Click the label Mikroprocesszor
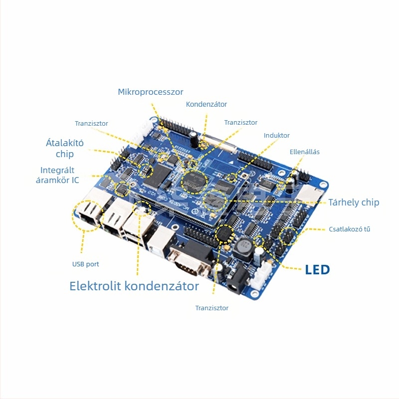pos(151,92)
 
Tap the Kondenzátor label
pos(206,104)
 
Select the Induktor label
pos(277,135)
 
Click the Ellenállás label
pos(305,152)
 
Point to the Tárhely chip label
pos(354,202)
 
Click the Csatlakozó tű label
pos(350,229)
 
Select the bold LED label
pos(317,270)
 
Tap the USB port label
pos(85,264)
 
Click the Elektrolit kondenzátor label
pos(134,286)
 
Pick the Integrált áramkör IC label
pos(57,175)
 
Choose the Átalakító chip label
pos(65,148)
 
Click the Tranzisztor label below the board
pos(211,308)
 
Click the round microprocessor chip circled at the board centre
pos(194,182)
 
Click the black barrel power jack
pos(236,279)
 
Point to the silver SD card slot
pos(309,195)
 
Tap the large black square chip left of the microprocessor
pos(157,176)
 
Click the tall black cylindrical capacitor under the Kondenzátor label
pos(194,140)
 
